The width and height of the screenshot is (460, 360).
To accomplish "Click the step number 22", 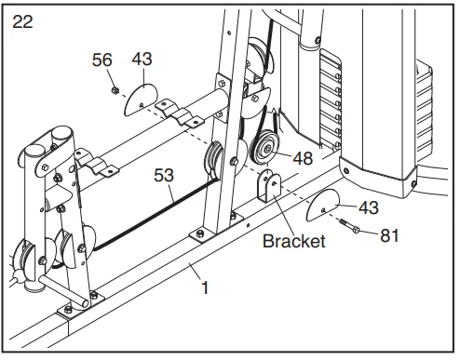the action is pyautogui.click(x=22, y=22).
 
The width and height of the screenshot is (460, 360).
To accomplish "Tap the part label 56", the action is pyautogui.click(x=101, y=60).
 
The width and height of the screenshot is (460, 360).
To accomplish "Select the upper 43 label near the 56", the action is pyautogui.click(x=142, y=59).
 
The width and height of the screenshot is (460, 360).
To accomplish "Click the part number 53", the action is pyautogui.click(x=164, y=175).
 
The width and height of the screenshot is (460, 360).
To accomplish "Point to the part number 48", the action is pyautogui.click(x=303, y=158).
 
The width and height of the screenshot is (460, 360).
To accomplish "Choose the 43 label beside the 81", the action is pyautogui.click(x=369, y=207).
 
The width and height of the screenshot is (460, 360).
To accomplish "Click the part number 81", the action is pyautogui.click(x=389, y=235).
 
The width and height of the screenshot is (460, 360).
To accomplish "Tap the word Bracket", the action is pyautogui.click(x=293, y=241).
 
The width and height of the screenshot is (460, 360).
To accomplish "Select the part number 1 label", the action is pyautogui.click(x=205, y=288).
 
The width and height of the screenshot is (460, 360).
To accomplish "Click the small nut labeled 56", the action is pyautogui.click(x=115, y=90).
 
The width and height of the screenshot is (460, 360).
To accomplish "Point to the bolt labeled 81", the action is pyautogui.click(x=349, y=226).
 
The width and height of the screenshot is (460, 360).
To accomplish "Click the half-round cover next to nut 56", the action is pyautogui.click(x=141, y=100).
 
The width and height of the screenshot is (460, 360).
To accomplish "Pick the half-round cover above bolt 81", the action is pyautogui.click(x=323, y=205).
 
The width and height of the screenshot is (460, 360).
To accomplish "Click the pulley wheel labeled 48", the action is pyautogui.click(x=265, y=148).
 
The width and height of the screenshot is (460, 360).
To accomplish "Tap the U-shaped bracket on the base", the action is pyautogui.click(x=268, y=185).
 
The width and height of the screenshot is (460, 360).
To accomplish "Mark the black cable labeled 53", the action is pyautogui.click(x=156, y=214).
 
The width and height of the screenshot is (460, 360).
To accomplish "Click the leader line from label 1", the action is pyautogui.click(x=196, y=271).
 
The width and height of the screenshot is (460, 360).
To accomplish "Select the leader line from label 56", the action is pyautogui.click(x=111, y=78).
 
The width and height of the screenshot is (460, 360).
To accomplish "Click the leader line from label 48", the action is pyautogui.click(x=283, y=154).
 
